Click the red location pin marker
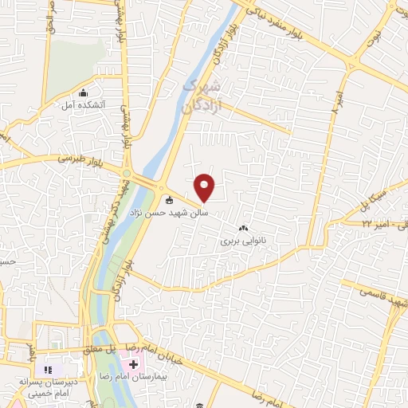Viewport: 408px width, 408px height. click(x=205, y=187)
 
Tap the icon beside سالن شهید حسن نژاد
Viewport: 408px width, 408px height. click(x=168, y=200)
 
